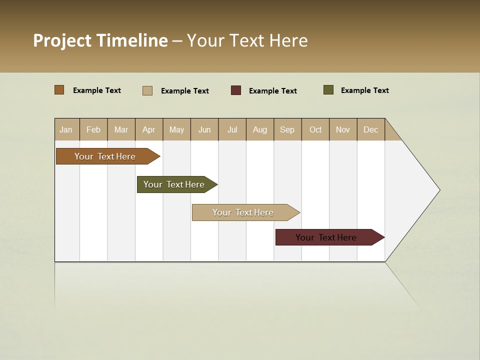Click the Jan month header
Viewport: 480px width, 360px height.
tap(66, 129)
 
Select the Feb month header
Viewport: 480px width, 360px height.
tap(93, 129)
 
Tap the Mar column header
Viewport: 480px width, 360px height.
tap(121, 129)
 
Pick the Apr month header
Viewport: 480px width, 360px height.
tap(149, 129)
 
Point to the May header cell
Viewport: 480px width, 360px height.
tap(176, 129)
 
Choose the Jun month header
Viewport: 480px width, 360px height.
tap(204, 129)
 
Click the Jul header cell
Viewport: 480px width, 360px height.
tap(232, 129)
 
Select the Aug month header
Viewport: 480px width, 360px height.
tap(260, 129)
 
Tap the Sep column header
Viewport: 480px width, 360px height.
tap(287, 129)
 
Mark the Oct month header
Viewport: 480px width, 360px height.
tap(315, 129)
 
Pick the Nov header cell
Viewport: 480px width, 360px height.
tap(343, 129)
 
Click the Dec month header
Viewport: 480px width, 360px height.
tap(371, 129)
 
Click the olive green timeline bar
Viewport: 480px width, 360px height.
tap(175, 184)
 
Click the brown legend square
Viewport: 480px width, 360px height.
tap(59, 90)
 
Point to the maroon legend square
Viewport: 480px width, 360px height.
tap(236, 90)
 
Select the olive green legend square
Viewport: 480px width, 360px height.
tap(328, 90)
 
